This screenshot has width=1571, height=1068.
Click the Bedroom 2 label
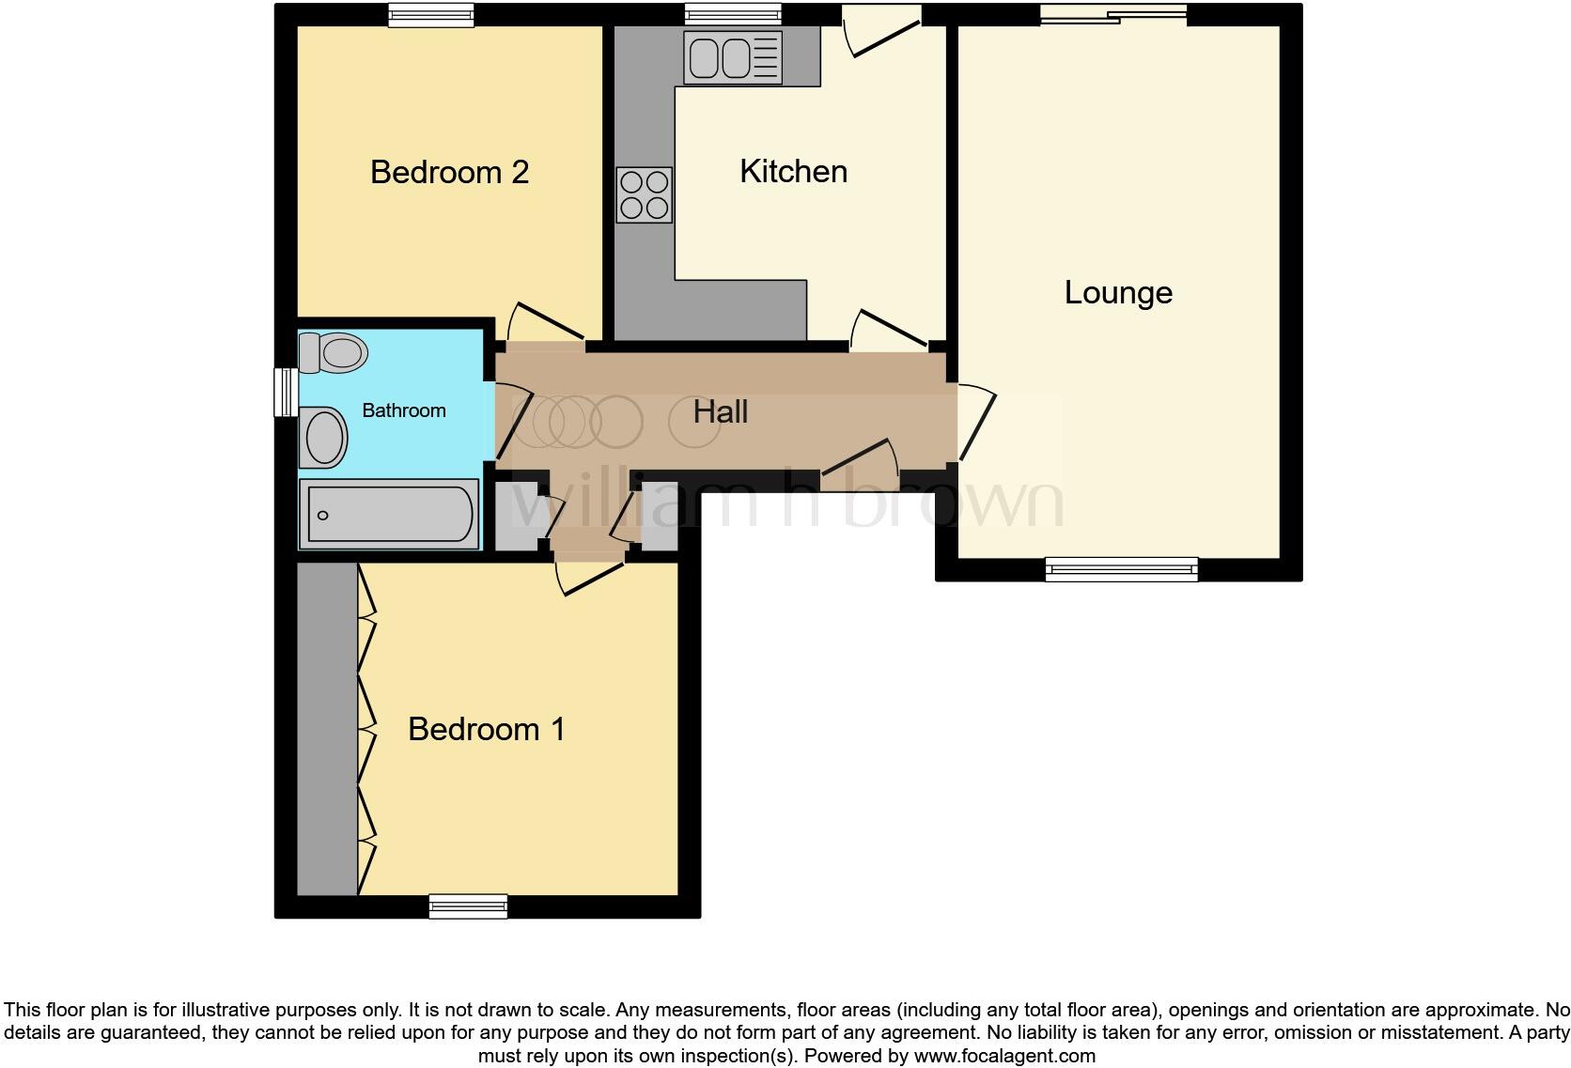tap(449, 172)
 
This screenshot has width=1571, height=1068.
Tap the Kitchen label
tap(793, 171)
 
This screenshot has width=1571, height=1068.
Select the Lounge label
tap(1117, 292)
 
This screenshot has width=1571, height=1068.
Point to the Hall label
tap(720, 411)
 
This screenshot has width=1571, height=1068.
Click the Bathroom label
tap(403, 410)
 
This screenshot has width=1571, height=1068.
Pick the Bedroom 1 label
tap(487, 729)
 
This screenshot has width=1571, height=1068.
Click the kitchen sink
tap(734, 57)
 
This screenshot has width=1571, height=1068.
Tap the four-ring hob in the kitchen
tap(645, 194)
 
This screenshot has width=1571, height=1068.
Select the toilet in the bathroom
tap(333, 353)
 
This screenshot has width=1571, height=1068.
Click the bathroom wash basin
tap(324, 437)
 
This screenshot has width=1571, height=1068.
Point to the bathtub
tap(389, 514)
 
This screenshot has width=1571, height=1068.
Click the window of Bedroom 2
tap(431, 14)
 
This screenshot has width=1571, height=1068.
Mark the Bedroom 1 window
tap(468, 905)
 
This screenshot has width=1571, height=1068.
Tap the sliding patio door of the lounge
tap(1113, 13)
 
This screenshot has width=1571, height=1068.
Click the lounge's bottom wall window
tap(1122, 568)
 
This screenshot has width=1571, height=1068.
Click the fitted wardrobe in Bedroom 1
tap(327, 729)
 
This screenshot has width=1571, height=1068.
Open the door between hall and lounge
tap(973, 423)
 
